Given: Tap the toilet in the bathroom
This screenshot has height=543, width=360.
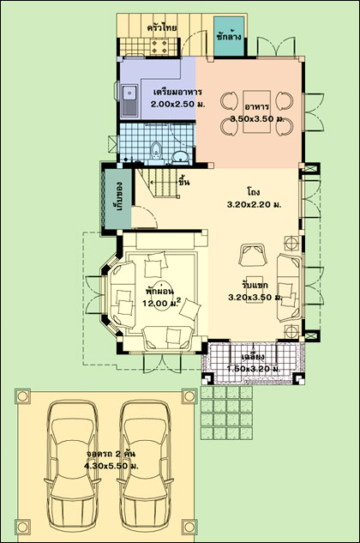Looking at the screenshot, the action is pos(157,152).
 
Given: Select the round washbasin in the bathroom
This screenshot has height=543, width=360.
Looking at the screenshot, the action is pos(180,156).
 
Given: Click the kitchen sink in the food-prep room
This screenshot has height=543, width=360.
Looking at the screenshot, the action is pos(129,100).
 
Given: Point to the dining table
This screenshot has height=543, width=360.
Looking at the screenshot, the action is pos(256,112).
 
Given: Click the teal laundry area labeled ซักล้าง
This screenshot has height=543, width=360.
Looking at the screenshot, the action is pos(229,36).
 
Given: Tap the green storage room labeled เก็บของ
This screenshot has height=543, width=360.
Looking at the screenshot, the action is pos(117,199).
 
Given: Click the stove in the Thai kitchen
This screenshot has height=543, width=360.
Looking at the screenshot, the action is pos(160,46).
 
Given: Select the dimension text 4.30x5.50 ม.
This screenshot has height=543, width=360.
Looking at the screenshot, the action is pos(111,466).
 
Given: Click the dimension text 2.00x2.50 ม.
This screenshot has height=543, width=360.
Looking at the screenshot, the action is pos(178,104).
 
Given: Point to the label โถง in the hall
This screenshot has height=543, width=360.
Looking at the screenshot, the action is pos(254,191).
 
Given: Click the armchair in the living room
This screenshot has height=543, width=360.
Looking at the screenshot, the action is pos(253,256).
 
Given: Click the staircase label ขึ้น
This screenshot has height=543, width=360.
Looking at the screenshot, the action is pos(183,182).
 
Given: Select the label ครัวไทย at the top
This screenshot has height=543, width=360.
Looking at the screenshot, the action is pos(162,27).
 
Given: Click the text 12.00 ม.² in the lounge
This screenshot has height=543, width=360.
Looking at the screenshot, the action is pos(162,303).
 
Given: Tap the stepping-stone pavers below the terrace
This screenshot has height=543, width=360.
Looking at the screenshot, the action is pos(226,413).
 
